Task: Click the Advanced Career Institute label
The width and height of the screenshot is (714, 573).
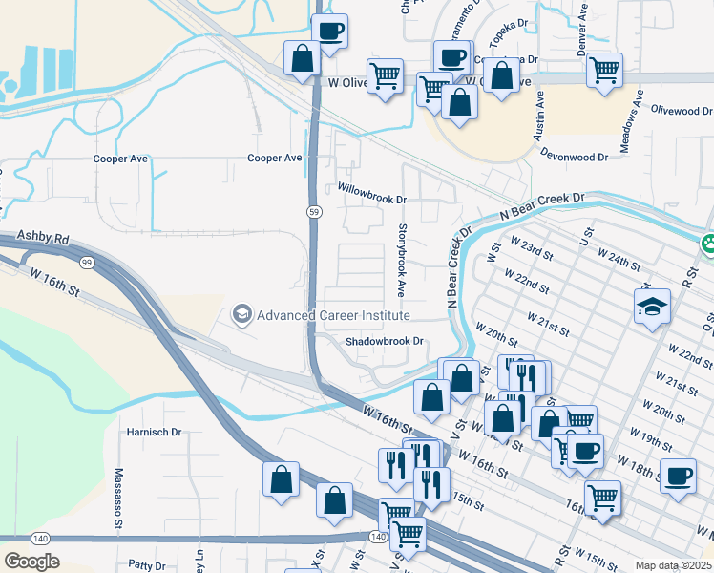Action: (333, 315)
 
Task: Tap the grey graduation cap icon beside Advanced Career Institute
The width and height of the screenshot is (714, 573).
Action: (242, 314)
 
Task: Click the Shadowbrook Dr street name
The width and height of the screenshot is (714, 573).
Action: (384, 341)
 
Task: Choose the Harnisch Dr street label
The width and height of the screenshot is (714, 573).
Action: (154, 432)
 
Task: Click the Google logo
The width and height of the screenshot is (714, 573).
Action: (31, 562)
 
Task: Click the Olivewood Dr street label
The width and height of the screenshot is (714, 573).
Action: (682, 111)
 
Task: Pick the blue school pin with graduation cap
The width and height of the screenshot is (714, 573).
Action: (652, 307)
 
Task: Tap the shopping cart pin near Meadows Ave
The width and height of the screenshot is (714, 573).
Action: (604, 70)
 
